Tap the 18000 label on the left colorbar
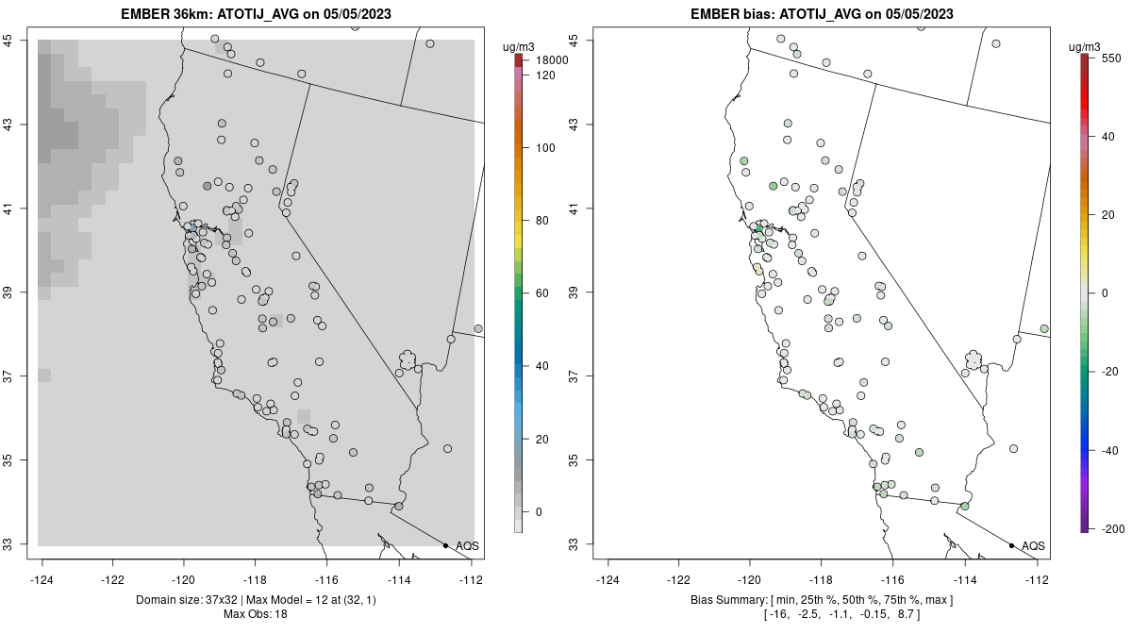pyautogui.click(x=552, y=60)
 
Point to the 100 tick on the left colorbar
pyautogui.click(x=545, y=148)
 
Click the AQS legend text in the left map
pyautogui.click(x=467, y=546)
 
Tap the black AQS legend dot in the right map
pyautogui.click(x=1011, y=546)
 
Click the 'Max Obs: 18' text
pyautogui.click(x=255, y=614)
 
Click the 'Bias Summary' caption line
pyautogui.click(x=821, y=600)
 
